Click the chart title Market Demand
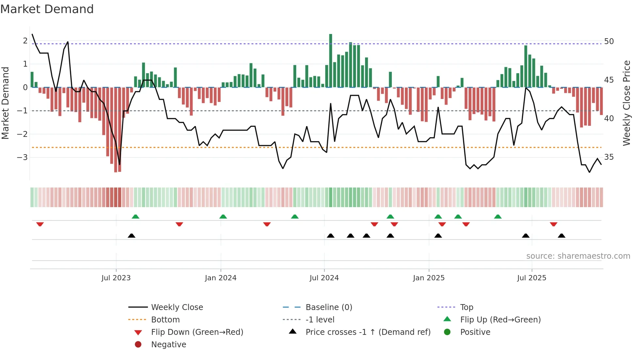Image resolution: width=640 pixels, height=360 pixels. point(47,9)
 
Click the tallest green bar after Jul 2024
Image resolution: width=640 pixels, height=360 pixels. point(330,60)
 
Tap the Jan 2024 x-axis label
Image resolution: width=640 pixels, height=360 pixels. point(221,278)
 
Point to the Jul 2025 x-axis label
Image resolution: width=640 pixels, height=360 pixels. point(532,278)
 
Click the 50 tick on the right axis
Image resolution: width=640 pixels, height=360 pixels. point(609,41)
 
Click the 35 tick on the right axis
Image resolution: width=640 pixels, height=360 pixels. point(609,157)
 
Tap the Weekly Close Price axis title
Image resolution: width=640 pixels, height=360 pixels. point(626,103)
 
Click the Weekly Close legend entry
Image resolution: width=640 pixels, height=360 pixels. point(177,307)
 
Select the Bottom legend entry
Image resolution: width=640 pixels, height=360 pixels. point(165,320)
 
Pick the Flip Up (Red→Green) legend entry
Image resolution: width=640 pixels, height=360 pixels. point(500,320)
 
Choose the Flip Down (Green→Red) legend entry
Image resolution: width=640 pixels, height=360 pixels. point(197,332)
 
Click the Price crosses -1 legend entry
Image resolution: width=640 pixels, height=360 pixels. point(368,332)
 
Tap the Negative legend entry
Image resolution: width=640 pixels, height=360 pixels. point(168,345)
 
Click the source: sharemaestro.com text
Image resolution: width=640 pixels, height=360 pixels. point(578,256)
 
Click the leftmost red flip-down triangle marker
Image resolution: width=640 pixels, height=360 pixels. point(40,224)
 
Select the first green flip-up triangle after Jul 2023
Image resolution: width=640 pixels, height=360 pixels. point(136,217)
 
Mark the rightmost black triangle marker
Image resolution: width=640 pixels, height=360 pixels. point(561,236)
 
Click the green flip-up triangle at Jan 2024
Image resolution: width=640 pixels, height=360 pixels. point(223,217)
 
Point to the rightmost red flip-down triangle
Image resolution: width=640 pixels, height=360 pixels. point(553,224)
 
